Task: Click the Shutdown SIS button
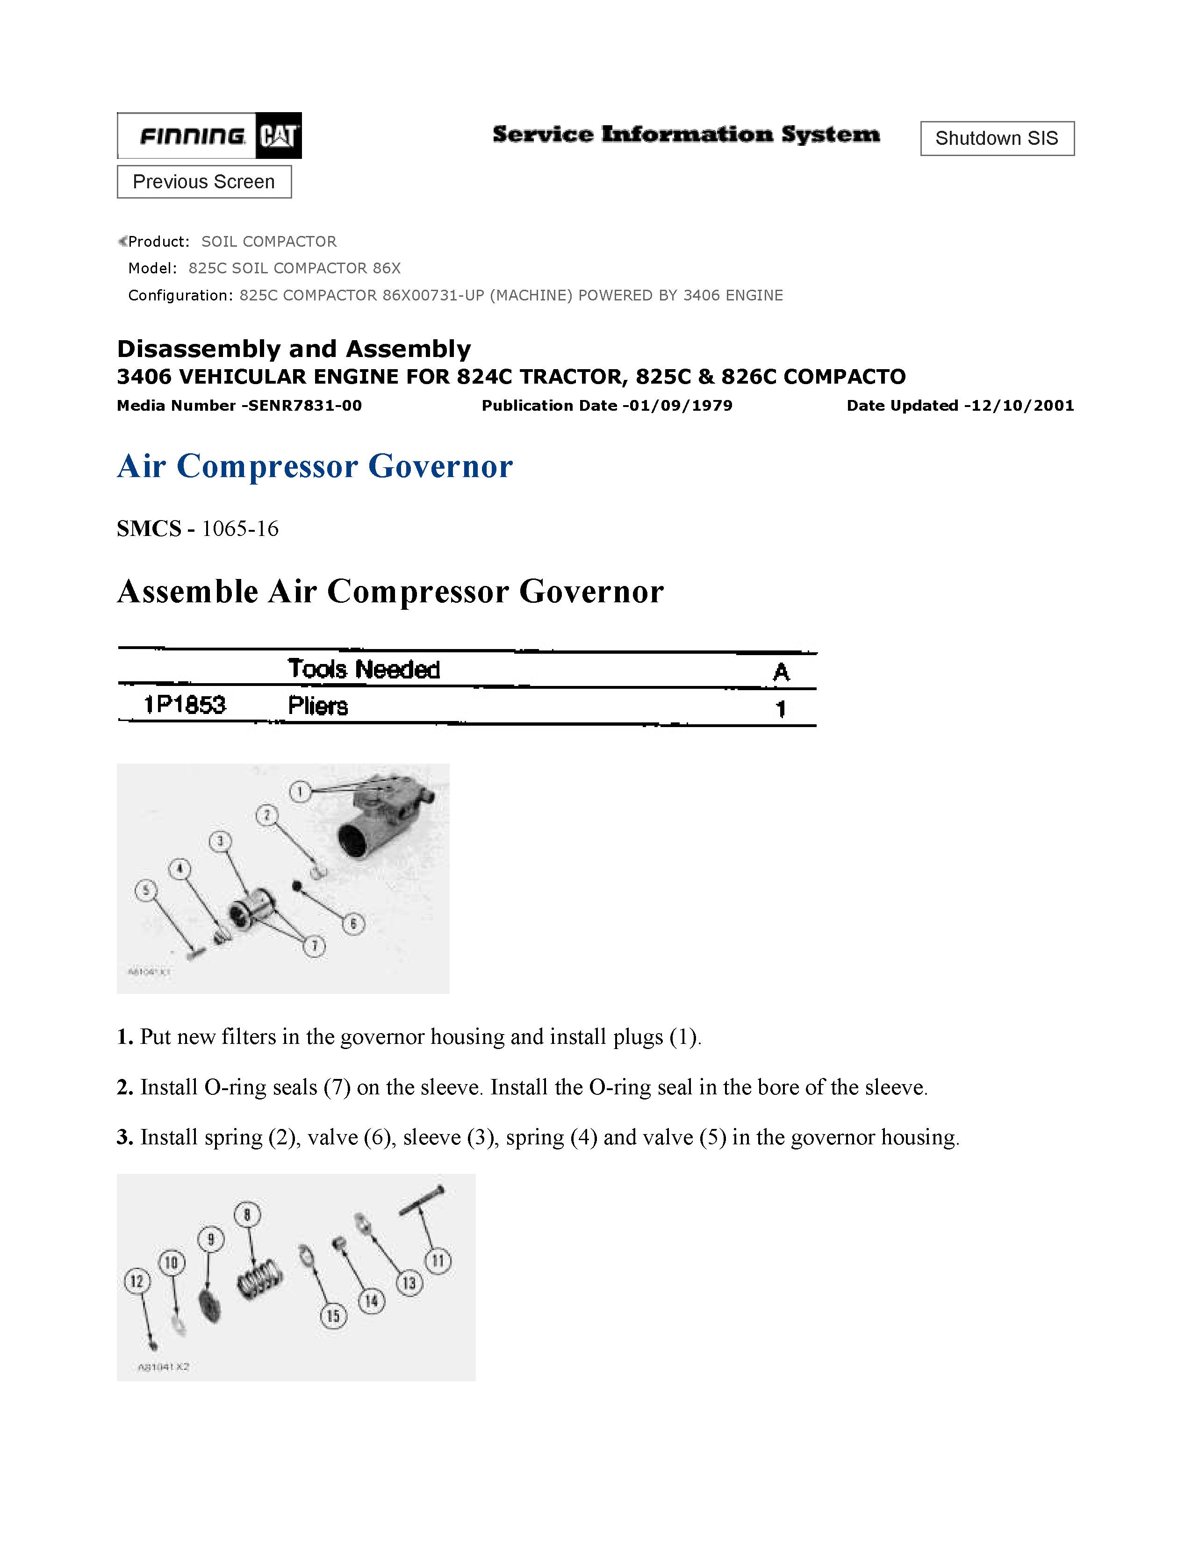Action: pyautogui.click(x=997, y=138)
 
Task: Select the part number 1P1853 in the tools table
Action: pyautogui.click(x=185, y=705)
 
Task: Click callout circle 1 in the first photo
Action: pyautogui.click(x=300, y=792)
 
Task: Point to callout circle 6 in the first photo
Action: pyautogui.click(x=353, y=923)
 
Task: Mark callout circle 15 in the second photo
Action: pyautogui.click(x=333, y=1316)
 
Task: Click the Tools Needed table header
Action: pyautogui.click(x=364, y=669)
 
